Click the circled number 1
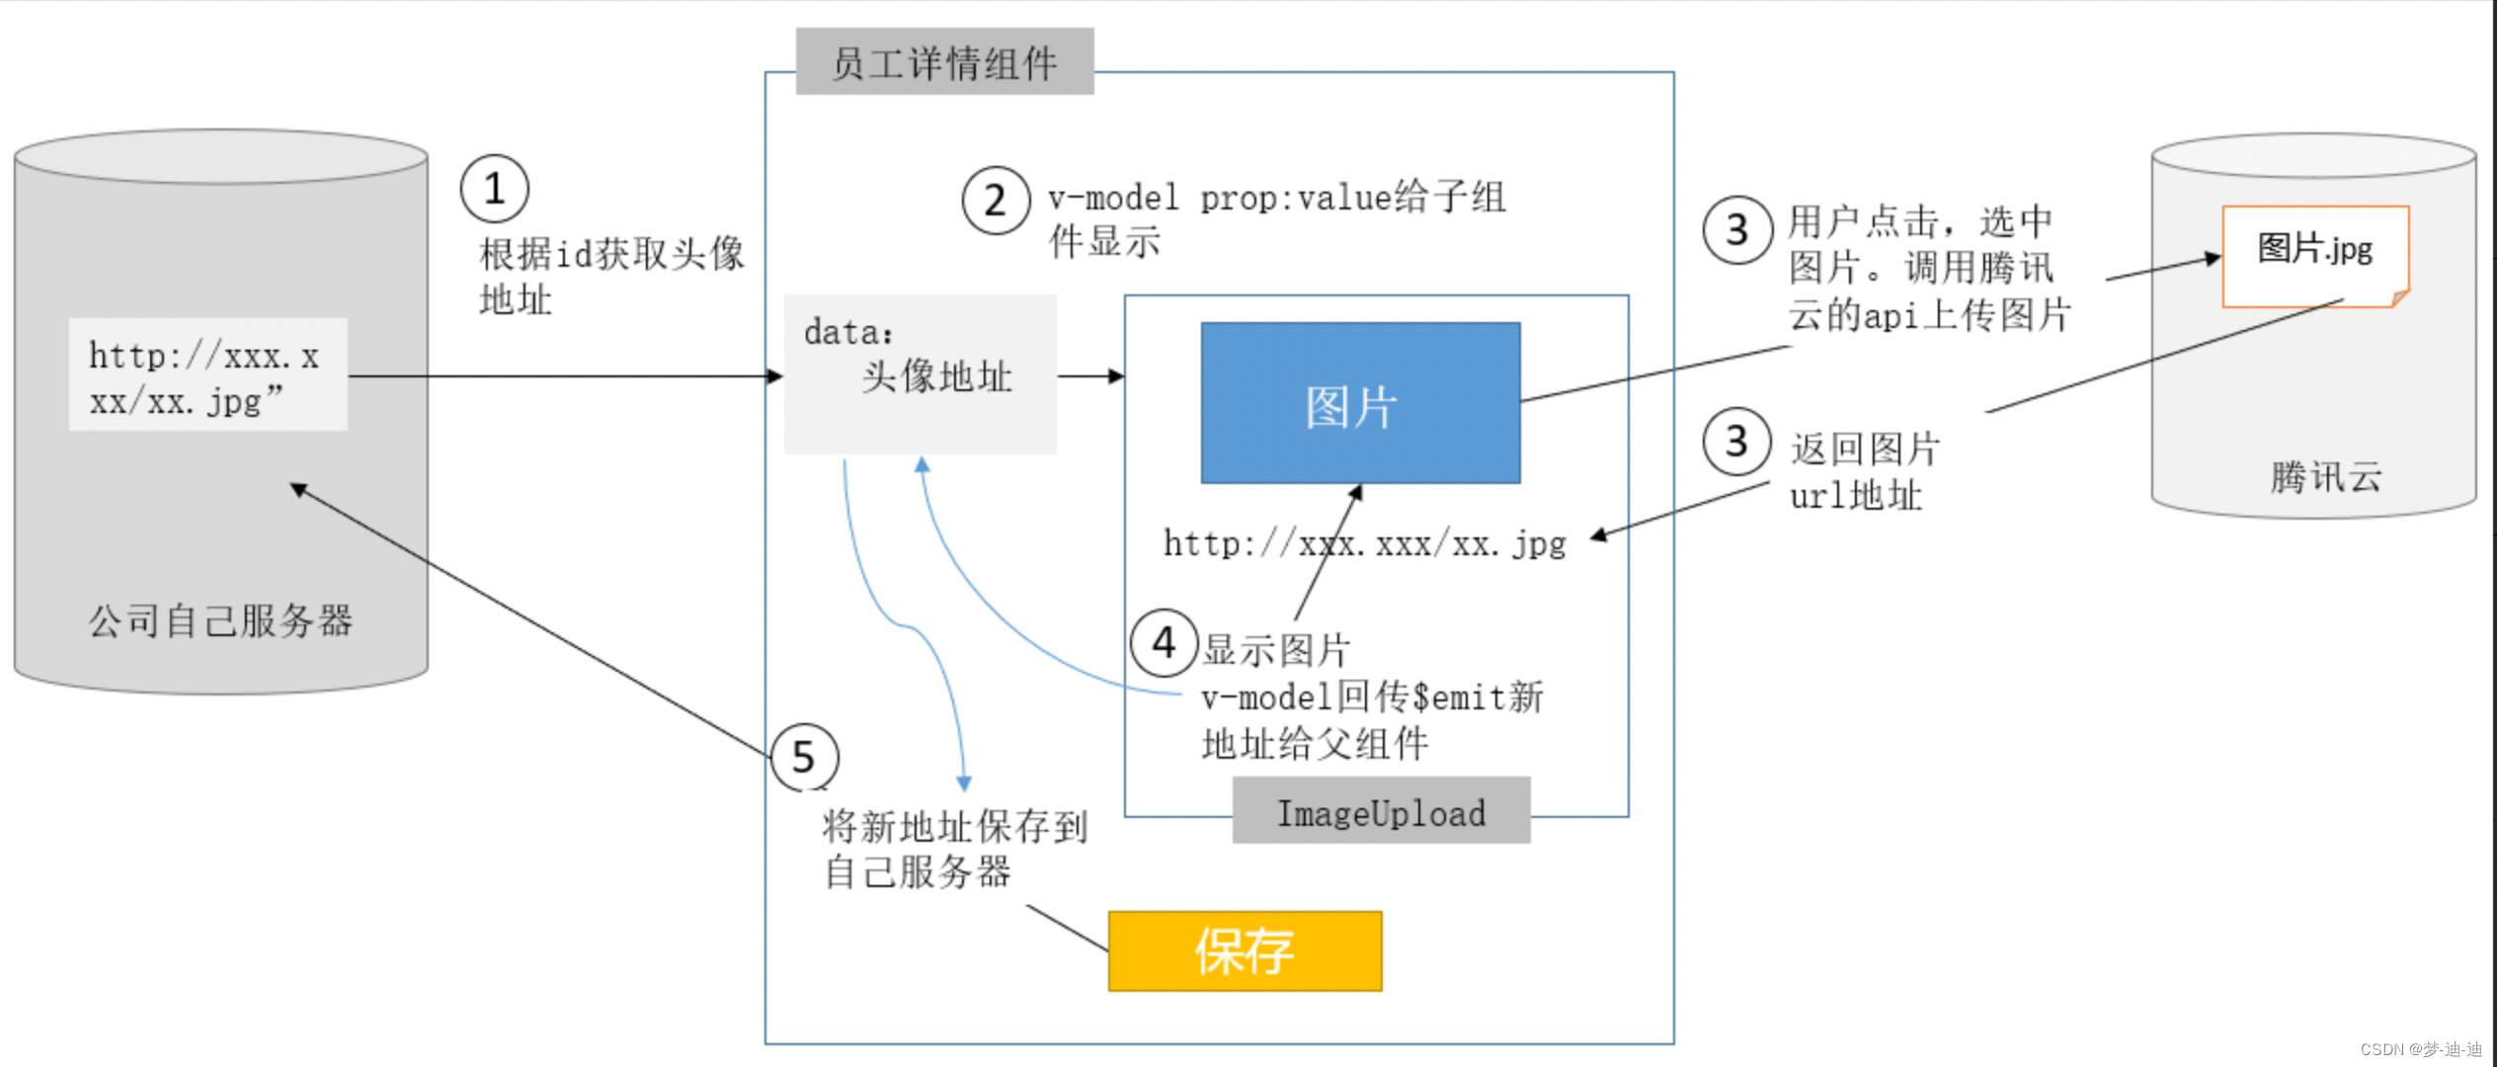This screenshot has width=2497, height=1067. (x=495, y=189)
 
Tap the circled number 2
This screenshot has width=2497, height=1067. (x=996, y=201)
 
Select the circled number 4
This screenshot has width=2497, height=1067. (x=1165, y=643)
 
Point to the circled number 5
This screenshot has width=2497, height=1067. (x=804, y=758)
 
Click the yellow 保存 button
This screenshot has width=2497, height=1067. (x=1245, y=950)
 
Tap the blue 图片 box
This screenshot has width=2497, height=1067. (x=1360, y=403)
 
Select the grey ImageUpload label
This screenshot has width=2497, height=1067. (x=1381, y=811)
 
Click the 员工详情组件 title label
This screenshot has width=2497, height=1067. (x=944, y=62)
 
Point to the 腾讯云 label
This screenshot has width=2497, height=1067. (x=2325, y=477)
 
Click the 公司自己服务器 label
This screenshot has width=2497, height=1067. (x=221, y=620)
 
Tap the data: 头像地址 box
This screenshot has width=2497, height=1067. (x=920, y=373)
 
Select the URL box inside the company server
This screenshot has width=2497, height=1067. (x=207, y=375)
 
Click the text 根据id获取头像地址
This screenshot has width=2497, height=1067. (x=610, y=276)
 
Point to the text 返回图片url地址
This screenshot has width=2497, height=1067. (x=1864, y=471)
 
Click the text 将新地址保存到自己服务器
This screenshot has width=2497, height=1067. (x=954, y=849)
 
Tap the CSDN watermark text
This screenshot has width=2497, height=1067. (x=2421, y=1049)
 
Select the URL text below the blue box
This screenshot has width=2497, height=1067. (x=1364, y=543)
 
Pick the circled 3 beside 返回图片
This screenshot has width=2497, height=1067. (x=1736, y=442)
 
